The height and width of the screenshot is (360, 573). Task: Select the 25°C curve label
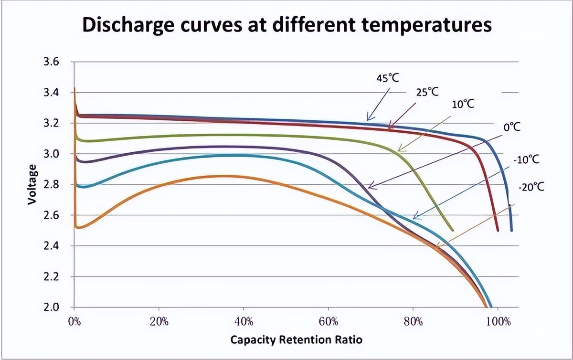pyautogui.click(x=427, y=92)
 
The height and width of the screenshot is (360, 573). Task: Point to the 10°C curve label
pyautogui.click(x=463, y=104)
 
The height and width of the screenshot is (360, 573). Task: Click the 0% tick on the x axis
pyautogui.click(x=74, y=321)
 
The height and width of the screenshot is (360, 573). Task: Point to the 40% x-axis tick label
pyautogui.click(x=244, y=321)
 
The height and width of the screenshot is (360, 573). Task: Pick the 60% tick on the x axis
pyautogui.click(x=328, y=321)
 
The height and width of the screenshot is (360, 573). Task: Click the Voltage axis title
pyautogui.click(x=32, y=185)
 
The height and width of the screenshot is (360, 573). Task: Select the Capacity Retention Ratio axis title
pyautogui.click(x=296, y=340)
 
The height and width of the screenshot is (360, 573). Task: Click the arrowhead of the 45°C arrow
pyautogui.click(x=367, y=119)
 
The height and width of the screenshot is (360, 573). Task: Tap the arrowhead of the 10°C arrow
pyautogui.click(x=398, y=151)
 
